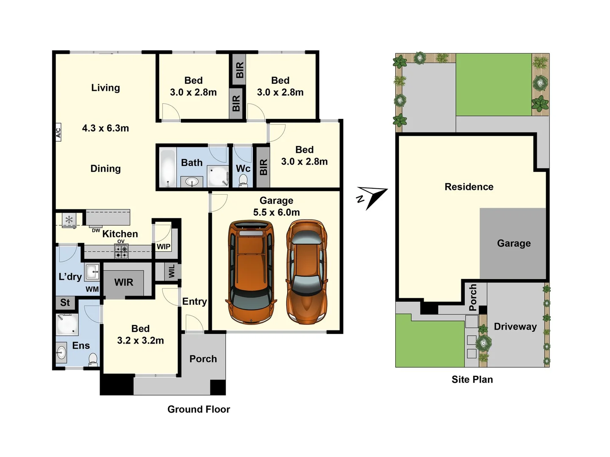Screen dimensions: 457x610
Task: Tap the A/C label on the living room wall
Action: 58,132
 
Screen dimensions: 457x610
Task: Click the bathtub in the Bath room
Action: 168,167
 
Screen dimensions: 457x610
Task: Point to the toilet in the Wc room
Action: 243,181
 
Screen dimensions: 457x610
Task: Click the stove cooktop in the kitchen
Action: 121,252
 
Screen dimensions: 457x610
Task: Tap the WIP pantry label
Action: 164,247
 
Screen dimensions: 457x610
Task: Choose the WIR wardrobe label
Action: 124,282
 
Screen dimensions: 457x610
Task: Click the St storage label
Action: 65,303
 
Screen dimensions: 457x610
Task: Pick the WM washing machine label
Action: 92,289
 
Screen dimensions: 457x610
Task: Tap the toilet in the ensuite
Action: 93,360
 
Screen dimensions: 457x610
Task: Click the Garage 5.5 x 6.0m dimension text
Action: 276,212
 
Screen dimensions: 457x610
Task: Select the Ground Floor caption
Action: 199,409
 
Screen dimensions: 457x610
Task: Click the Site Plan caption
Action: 472,380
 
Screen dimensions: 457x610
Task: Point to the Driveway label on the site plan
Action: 515,327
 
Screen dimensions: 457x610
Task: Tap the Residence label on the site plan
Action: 469,187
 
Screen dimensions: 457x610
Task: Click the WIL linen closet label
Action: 172,271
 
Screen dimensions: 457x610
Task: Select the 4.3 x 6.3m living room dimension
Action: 105,128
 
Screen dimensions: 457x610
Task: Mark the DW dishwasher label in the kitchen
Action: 96,231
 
